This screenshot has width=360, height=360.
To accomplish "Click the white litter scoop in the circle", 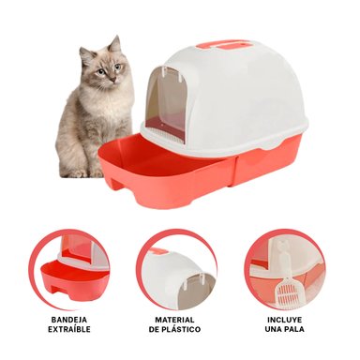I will coord(282,272).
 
